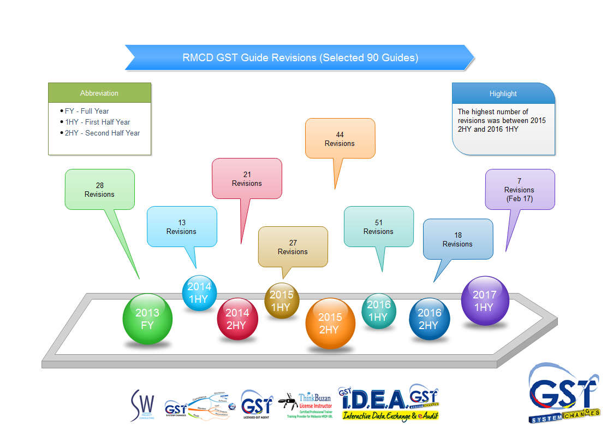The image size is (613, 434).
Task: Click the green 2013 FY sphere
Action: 147,319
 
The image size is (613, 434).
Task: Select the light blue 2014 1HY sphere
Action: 199,292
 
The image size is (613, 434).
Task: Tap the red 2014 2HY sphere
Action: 237,319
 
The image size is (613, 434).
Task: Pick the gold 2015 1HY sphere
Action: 282,301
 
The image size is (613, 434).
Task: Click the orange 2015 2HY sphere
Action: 330,323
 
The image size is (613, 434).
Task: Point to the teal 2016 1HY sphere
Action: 378,311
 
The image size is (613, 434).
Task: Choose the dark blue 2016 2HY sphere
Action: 430,319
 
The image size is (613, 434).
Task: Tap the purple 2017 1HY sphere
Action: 485,301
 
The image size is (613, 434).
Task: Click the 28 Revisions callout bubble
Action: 100,190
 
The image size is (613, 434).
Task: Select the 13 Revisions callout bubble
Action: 182,227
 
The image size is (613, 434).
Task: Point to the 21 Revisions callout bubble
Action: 247,179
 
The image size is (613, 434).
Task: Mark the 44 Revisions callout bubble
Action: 340,139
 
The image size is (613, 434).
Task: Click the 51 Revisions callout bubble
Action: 378,227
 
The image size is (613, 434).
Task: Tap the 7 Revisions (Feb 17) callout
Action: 520,190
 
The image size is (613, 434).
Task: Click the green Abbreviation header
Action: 99,93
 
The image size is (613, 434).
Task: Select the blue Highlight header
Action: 503,93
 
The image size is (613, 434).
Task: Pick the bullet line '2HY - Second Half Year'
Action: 102,133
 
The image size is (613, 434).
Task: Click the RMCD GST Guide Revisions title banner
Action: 300,57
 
